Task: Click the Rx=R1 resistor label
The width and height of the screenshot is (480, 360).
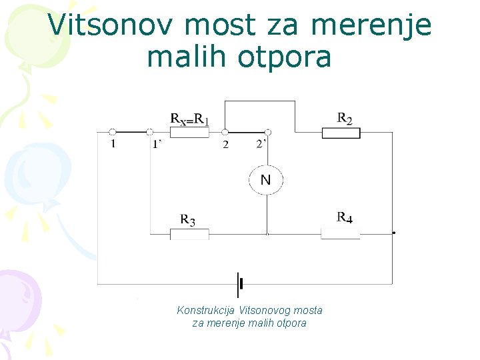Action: (x=190, y=119)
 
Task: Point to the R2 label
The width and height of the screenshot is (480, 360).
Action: (x=345, y=119)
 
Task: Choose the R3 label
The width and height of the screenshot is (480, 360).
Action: (x=187, y=219)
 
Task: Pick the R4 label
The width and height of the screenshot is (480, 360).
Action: (x=345, y=217)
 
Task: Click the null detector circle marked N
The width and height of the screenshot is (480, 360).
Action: (x=266, y=180)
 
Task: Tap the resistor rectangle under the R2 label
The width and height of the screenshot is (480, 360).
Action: (x=341, y=133)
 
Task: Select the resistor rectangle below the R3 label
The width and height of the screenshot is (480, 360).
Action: (x=189, y=234)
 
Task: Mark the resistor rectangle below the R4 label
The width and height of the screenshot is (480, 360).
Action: (x=340, y=233)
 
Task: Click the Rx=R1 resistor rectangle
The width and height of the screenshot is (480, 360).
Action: (x=189, y=132)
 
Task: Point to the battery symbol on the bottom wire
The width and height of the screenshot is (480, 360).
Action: (x=239, y=285)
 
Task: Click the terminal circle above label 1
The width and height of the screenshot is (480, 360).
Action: (x=113, y=132)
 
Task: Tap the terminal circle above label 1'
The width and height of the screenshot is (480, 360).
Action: (x=150, y=132)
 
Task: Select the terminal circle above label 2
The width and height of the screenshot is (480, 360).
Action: (x=225, y=132)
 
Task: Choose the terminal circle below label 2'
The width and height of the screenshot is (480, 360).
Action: (x=267, y=132)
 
